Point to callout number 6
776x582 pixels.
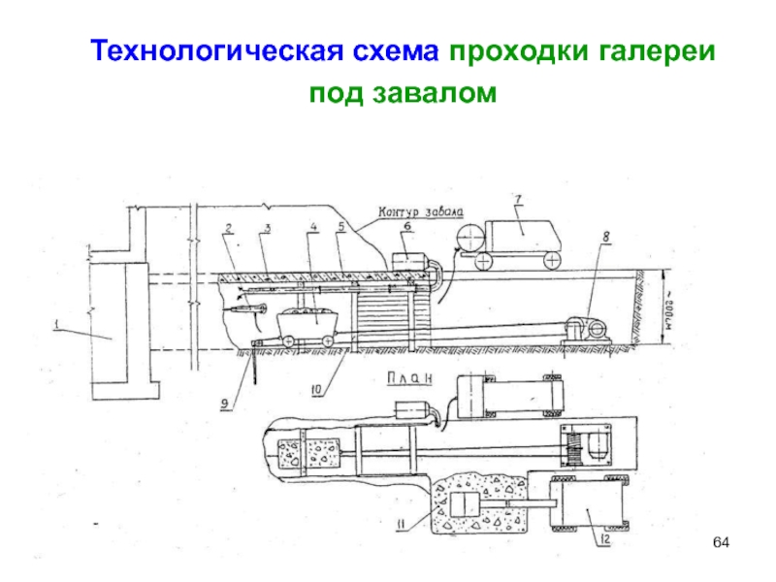[406, 225]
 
